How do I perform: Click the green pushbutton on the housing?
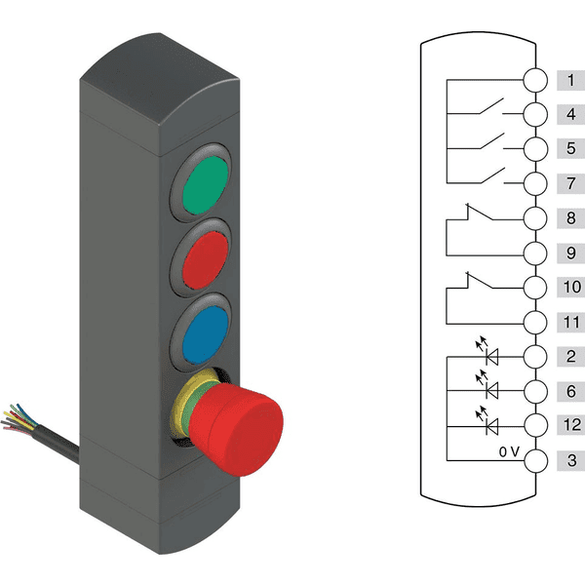pyautogui.click(x=206, y=185)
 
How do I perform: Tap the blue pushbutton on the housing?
pyautogui.click(x=206, y=334)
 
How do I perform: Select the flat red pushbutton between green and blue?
pyautogui.click(x=206, y=260)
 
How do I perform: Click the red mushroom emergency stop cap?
pyautogui.click(x=236, y=430)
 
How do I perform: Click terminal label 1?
pyautogui.click(x=570, y=80)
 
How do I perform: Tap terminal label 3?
pyautogui.click(x=572, y=460)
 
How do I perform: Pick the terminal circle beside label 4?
pyautogui.click(x=535, y=114)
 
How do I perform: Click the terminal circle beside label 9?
pyautogui.click(x=535, y=253)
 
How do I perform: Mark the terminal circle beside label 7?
pyautogui.click(x=535, y=183)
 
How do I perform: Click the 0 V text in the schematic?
pyautogui.click(x=509, y=451)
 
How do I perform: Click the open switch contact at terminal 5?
pyautogui.click(x=491, y=141)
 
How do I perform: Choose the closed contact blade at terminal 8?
pyautogui.click(x=481, y=212)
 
